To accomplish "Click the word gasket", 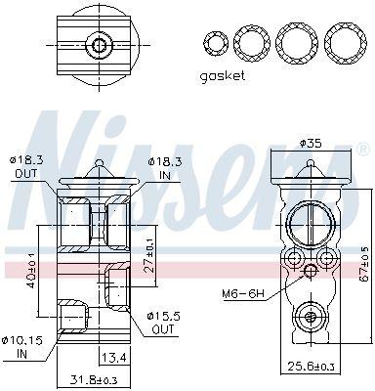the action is point(223,76).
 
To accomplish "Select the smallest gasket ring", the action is point(215,43).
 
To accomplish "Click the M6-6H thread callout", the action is point(242,293).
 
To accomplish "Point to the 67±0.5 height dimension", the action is point(365,263).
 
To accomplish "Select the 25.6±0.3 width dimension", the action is point(311,367).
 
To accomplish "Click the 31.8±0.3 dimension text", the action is point(93,380).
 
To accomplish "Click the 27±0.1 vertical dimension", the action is point(148,256).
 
